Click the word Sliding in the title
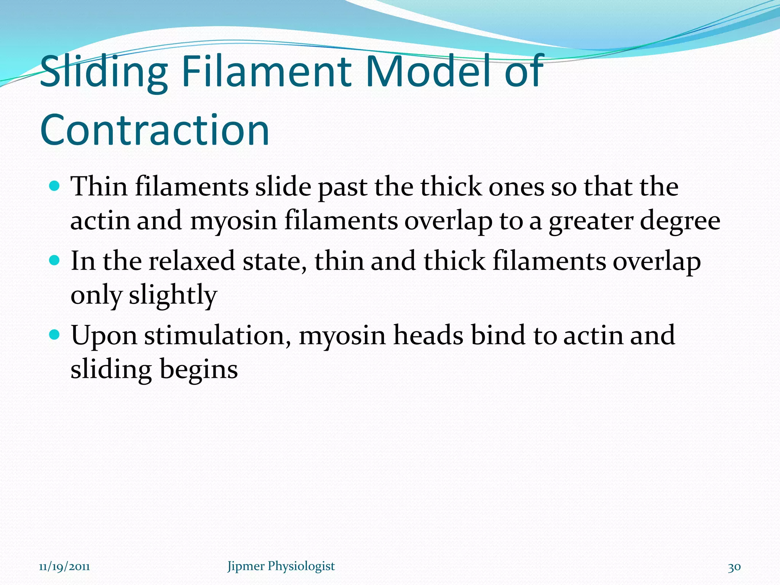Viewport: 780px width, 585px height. (x=104, y=72)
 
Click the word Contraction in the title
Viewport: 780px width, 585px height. (x=155, y=130)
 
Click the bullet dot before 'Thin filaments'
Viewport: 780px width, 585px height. (x=55, y=186)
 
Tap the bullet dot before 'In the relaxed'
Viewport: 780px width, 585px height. (x=55, y=261)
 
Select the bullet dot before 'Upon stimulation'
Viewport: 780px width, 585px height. (x=55, y=335)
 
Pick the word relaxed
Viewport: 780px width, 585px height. (x=192, y=261)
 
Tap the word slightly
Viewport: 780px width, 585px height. (x=173, y=296)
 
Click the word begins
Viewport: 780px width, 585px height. (x=198, y=370)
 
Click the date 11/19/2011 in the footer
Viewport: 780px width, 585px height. (x=64, y=566)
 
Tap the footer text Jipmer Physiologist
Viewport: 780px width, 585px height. (x=281, y=566)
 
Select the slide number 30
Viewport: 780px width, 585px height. (x=734, y=567)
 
